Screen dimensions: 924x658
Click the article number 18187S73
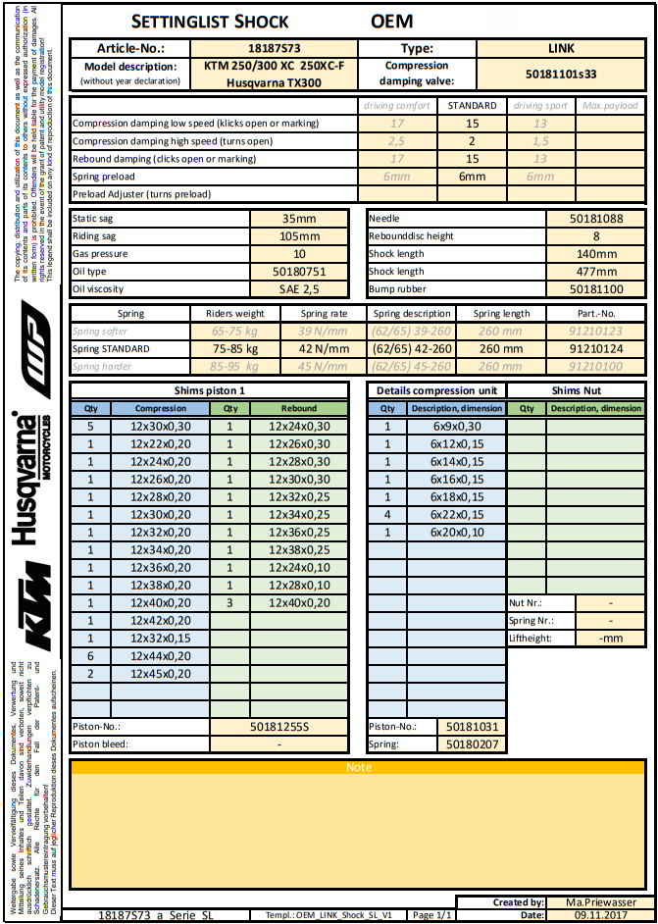[274, 48]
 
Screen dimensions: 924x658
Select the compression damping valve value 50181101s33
[561, 73]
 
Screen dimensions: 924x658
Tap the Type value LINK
[561, 48]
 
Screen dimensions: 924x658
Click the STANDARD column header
[472, 105]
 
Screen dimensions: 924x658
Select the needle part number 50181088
[595, 219]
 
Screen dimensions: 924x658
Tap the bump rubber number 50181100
[595, 289]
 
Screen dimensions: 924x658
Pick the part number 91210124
[595, 349]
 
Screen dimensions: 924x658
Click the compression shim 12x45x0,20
[161, 674]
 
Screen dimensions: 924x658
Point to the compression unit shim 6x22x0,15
[457, 514]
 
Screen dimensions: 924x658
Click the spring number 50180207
[473, 744]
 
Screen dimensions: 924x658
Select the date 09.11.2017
[601, 914]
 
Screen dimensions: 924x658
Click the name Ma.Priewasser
[601, 902]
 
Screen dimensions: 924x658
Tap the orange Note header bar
[359, 767]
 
